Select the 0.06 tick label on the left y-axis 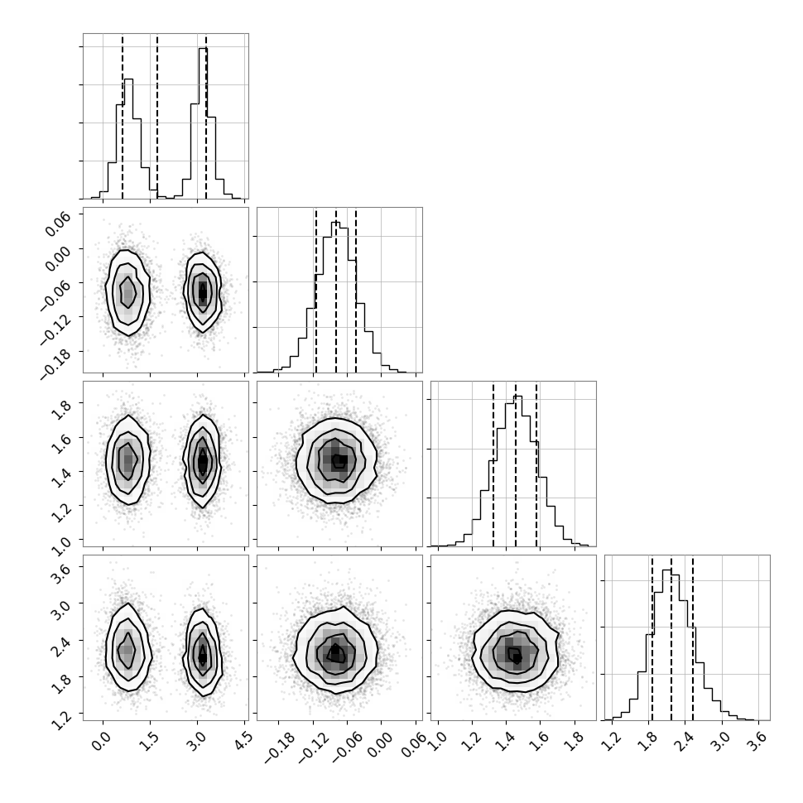(57, 224)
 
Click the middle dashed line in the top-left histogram (157, 116)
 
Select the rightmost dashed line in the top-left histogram (206, 116)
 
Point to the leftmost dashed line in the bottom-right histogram (652, 637)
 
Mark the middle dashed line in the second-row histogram (336, 290)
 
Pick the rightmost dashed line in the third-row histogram (536, 464)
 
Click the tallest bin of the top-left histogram (203, 123)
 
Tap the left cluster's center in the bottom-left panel (127, 649)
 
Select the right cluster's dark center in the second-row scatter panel (203, 293)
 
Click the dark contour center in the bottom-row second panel (335, 653)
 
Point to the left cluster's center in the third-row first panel (127, 460)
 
